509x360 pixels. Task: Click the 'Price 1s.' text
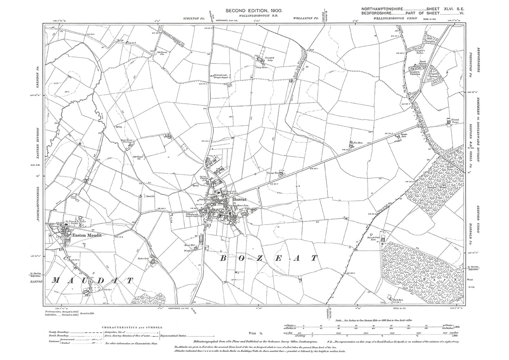pos(253,333)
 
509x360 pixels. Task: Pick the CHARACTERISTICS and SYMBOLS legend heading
pos(132,327)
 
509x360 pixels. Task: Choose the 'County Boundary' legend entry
pos(59,332)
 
